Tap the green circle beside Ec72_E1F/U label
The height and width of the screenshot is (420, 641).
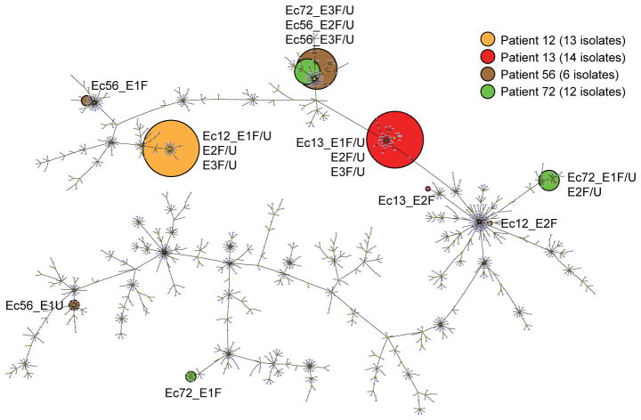[548, 180]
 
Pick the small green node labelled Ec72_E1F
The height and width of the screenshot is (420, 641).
[190, 376]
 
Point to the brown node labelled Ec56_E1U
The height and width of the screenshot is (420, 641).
[75, 305]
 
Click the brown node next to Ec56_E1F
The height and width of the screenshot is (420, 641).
[86, 101]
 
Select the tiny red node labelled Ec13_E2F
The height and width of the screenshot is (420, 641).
[428, 189]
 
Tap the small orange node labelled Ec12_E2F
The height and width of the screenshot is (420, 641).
[490, 222]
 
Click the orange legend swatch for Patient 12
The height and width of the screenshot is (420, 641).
[487, 40]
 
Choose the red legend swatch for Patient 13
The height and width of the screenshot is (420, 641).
[487, 58]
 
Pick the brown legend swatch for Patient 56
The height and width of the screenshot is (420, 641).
[487, 76]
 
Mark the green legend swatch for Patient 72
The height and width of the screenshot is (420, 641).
[487, 93]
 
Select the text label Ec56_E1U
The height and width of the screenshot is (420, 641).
[35, 306]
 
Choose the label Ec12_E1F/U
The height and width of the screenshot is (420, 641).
[236, 135]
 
